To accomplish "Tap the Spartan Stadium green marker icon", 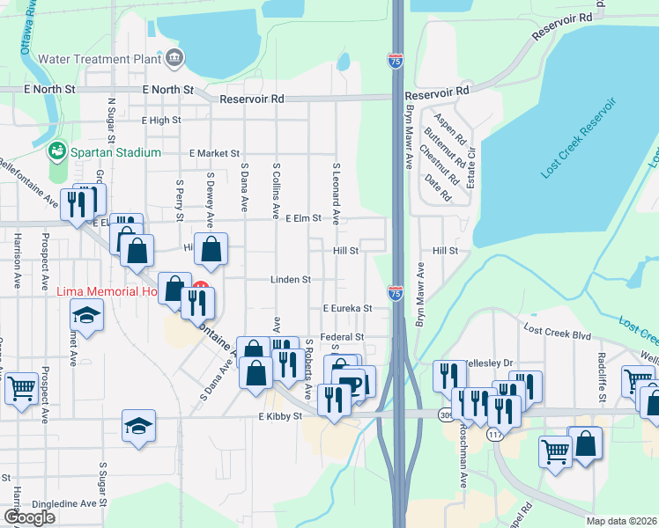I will [57, 151].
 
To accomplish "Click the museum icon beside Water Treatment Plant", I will [174, 59].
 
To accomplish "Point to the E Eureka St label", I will [347, 309].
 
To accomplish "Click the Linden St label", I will [292, 280].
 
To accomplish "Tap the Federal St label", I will [343, 337].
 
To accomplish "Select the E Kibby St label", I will [280, 416].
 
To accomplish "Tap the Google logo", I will [29, 517].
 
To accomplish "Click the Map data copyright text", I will [622, 521].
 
